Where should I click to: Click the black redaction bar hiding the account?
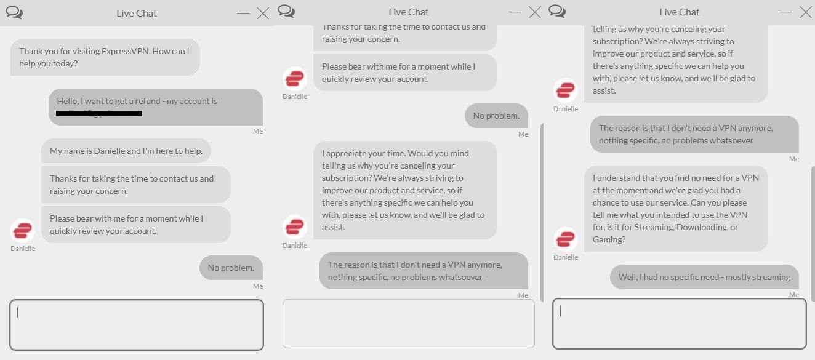[98, 114]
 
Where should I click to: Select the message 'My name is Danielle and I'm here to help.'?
[126, 151]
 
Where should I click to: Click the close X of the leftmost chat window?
[263, 13]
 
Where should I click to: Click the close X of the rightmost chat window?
[805, 12]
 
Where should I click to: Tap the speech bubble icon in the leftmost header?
[14, 12]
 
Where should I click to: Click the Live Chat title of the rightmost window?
[679, 12]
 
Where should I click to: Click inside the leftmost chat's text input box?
[136, 324]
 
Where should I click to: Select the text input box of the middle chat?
[408, 324]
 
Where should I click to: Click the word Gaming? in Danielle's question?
[611, 239]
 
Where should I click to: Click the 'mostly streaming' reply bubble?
[704, 277]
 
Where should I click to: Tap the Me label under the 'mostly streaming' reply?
[793, 295]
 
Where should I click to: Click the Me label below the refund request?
[257, 131]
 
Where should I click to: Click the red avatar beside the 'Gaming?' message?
[565, 239]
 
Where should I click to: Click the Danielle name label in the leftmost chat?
[23, 249]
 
